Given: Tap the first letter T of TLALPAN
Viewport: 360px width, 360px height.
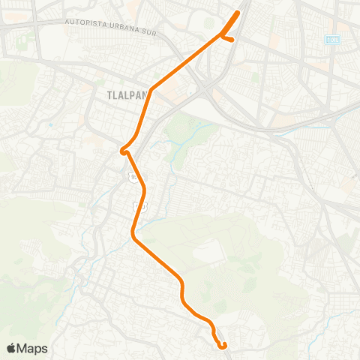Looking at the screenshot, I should tap(100, 96).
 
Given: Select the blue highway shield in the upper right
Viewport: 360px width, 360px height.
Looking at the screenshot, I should tap(331, 38).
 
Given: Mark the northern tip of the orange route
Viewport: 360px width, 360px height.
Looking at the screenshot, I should tap(239, 12).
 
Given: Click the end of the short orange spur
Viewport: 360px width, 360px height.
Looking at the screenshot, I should tap(233, 39).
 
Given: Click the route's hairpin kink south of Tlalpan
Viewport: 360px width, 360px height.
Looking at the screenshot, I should tap(121, 151).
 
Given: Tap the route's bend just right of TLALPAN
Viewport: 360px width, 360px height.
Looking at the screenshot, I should tap(151, 90).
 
